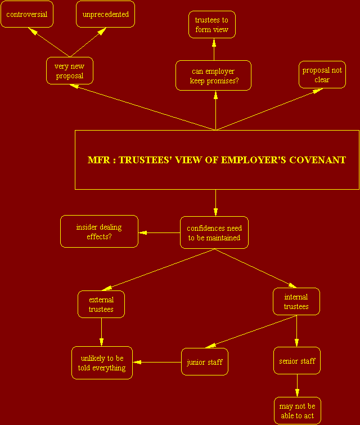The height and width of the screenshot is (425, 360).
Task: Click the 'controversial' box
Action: pos(27,14)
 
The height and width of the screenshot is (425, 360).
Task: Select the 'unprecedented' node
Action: pos(105,14)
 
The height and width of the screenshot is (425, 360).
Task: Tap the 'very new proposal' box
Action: pos(70,71)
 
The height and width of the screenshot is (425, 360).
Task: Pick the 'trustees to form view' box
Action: pos(212,24)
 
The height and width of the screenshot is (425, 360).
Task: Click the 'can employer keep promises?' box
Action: pos(213,75)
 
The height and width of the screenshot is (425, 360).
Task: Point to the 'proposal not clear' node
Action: pos(322,74)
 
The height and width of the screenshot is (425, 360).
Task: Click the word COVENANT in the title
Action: pos(317,160)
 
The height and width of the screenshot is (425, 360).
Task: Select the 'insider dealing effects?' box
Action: pos(99,231)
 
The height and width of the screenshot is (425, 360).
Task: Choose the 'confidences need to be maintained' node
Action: pos(214,232)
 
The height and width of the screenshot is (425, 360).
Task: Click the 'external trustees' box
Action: pos(101,304)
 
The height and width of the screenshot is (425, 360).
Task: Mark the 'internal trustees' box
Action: pos(296,301)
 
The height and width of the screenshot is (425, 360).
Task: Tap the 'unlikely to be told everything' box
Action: pos(102,363)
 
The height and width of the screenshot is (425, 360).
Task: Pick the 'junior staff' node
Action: pos(205,362)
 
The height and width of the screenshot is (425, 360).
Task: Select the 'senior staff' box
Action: pos(297,360)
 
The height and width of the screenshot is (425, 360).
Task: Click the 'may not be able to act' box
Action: pos(298,410)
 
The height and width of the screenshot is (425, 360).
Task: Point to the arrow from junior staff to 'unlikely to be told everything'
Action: pos(157,362)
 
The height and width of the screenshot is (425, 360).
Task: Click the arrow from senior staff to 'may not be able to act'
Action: pos(297,386)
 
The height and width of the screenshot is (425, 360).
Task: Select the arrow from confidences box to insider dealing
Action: pos(159,232)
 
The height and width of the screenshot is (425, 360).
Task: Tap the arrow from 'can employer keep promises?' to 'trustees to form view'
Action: pos(214,50)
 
